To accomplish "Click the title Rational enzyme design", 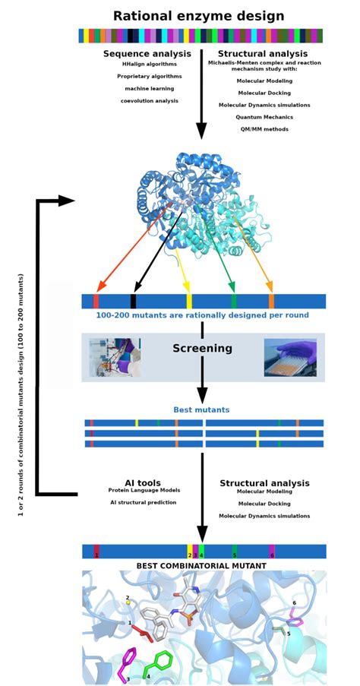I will (199, 16).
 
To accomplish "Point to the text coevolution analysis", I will (149, 101).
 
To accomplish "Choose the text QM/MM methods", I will (264, 129).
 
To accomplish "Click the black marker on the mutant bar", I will (133, 301).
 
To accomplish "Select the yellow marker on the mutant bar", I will (189, 301).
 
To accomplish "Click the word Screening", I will (202, 349).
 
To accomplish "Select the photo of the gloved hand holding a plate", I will (290, 358).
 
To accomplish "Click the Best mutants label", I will (202, 410).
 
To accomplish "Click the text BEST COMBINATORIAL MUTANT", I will (201, 566).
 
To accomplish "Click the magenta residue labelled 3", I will (125, 663).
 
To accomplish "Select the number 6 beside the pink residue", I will (295, 602).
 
